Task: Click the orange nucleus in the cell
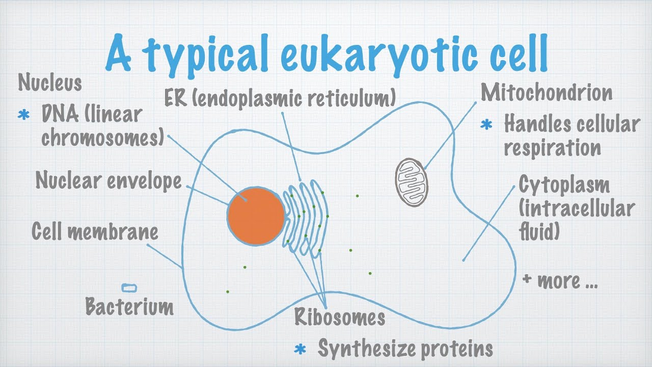[x=256, y=216]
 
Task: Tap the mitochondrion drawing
[x=412, y=182]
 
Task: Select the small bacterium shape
[x=129, y=288]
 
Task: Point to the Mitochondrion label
[x=546, y=93]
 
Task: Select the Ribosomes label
[x=339, y=317]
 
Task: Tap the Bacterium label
[x=129, y=307]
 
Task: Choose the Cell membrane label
[x=95, y=231]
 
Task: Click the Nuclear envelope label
[x=108, y=180]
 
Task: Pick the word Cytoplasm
[x=564, y=185]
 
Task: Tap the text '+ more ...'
[x=560, y=280]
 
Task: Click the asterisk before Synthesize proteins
[x=301, y=350]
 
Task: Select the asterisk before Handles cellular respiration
[x=487, y=124]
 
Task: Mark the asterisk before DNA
[x=24, y=115]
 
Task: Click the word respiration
[x=552, y=148]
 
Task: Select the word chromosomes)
[x=102, y=137]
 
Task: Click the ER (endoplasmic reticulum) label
[x=280, y=98]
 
